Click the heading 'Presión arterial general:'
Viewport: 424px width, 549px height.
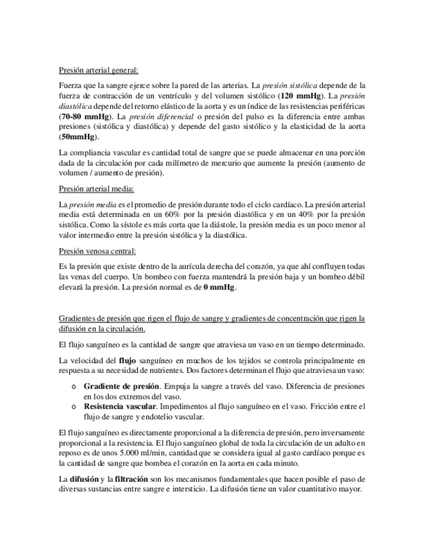click(x=98, y=71)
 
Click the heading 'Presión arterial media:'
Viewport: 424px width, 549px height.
click(x=96, y=189)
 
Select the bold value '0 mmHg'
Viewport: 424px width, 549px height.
click(x=219, y=287)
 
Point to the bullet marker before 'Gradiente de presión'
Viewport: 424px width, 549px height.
click(x=74, y=386)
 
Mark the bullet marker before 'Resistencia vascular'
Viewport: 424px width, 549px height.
click(x=74, y=407)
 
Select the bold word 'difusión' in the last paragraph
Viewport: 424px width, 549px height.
click(x=84, y=478)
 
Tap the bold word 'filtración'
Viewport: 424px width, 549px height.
click(x=134, y=478)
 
